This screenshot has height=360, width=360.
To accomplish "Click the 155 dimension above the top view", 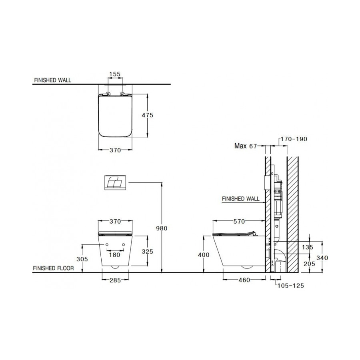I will click(115, 74).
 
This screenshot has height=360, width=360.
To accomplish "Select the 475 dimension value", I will click(148, 115).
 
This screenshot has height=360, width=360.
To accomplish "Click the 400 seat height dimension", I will click(204, 255).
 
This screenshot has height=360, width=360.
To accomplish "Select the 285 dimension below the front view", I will click(115, 280).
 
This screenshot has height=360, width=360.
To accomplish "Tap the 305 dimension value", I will click(82, 259).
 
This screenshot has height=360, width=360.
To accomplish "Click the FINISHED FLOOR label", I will click(53, 268).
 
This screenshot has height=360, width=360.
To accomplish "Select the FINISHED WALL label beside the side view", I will click(240, 198).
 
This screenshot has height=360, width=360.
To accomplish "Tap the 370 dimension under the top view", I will click(115, 150).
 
